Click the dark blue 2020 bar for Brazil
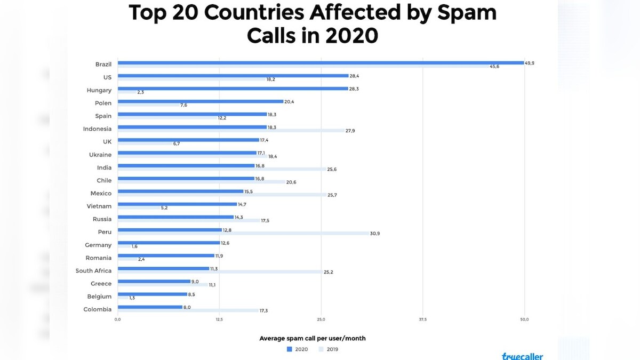pos(320,63)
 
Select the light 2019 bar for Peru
pos(243,234)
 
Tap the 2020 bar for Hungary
pos(233,89)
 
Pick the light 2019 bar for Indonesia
pos(230,131)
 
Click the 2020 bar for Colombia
pos(150,307)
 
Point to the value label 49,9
pos(530,63)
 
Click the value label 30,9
pos(375,234)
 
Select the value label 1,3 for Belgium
pos(132,298)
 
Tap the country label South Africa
pos(93,271)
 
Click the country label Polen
pos(103,103)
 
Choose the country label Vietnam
pos(99,206)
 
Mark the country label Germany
pos(98,245)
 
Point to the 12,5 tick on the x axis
pos(219,319)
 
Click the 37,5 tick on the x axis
pos(422,319)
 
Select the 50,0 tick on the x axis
pos(524,319)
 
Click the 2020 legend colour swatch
pos(290,349)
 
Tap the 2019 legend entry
pos(329,349)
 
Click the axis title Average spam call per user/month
pos(313,338)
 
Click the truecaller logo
pos(522,356)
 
